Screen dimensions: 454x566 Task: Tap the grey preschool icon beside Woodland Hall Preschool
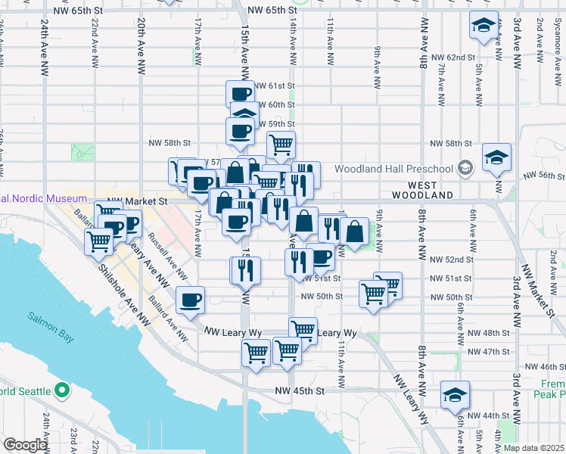pos(466,168)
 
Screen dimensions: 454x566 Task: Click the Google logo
pos(24,445)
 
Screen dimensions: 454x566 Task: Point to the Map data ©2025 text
pos(533,448)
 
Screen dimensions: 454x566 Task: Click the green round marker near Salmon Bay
pos(63,391)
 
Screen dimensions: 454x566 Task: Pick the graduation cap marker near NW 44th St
pos(455,395)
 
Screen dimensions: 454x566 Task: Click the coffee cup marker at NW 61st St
pos(241,94)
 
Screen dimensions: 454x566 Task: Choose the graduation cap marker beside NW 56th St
pos(496,157)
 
